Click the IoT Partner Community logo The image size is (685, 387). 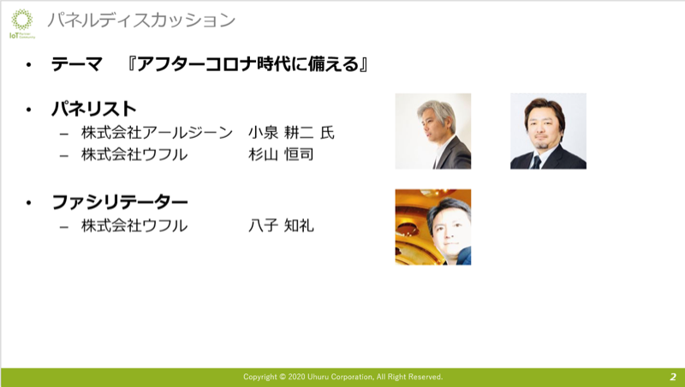[x=22, y=24]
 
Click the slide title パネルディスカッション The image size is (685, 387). [x=141, y=21]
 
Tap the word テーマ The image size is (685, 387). [x=77, y=65]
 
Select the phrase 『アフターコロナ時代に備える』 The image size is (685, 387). [x=247, y=65]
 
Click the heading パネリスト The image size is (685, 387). [x=94, y=109]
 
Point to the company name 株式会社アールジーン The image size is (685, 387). [x=157, y=133]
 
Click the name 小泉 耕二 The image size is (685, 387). [x=281, y=133]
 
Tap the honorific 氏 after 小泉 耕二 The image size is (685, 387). [x=327, y=133]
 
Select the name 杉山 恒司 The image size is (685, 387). [x=281, y=154]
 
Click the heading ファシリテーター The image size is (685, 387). [x=120, y=202]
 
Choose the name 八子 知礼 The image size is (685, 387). [x=281, y=225]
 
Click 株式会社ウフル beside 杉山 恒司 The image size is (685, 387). [x=134, y=154]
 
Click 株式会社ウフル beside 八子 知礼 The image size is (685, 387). [x=134, y=225]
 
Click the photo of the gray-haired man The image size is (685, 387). [x=433, y=131]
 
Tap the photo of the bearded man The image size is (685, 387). [x=548, y=131]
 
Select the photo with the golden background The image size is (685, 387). [x=433, y=227]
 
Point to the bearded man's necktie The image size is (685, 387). [x=536, y=162]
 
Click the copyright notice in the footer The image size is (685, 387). [x=343, y=377]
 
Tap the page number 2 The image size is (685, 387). [x=673, y=377]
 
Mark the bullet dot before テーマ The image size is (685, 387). [x=29, y=65]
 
